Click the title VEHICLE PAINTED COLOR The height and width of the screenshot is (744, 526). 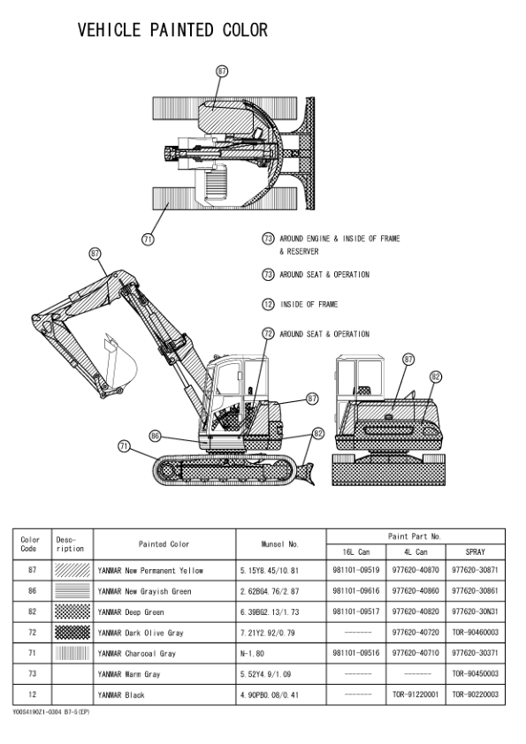pyautogui.click(x=172, y=30)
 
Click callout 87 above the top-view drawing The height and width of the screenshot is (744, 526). pyautogui.click(x=222, y=72)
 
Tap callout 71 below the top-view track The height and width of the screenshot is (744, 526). pyautogui.click(x=149, y=239)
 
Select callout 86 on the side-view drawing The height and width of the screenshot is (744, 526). pyautogui.click(x=156, y=436)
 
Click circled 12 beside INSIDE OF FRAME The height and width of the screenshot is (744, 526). pyautogui.click(x=268, y=304)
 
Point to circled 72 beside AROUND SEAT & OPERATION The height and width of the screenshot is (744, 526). pyautogui.click(x=268, y=334)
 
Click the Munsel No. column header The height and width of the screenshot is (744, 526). pyautogui.click(x=280, y=544)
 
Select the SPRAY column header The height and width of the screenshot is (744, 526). pyautogui.click(x=476, y=552)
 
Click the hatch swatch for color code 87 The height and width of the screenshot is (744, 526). pyautogui.click(x=72, y=570)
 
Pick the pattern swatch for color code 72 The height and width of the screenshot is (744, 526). pyautogui.click(x=72, y=632)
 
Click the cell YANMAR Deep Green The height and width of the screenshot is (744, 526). pyautogui.click(x=131, y=612)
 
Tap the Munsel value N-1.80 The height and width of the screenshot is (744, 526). pyautogui.click(x=252, y=653)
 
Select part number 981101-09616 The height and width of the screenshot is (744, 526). pyautogui.click(x=356, y=591)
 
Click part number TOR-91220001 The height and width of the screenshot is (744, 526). pyautogui.click(x=415, y=695)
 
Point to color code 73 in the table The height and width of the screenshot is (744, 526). pyautogui.click(x=32, y=674)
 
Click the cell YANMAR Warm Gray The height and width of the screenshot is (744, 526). pyautogui.click(x=129, y=674)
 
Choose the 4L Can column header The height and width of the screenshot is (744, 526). pyautogui.click(x=415, y=552)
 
